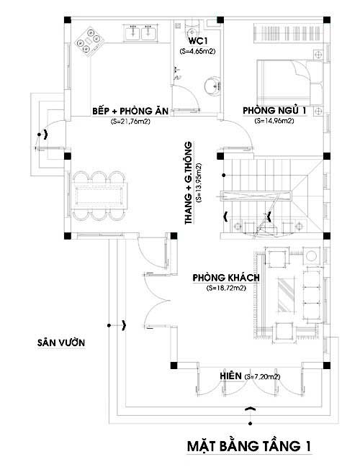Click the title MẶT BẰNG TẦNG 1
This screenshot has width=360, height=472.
(x=249, y=445)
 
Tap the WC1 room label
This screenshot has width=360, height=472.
(x=197, y=40)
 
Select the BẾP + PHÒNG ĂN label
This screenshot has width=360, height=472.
(x=130, y=111)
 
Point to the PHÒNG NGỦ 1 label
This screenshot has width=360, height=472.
(x=274, y=111)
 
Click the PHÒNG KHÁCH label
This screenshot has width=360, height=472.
(x=226, y=278)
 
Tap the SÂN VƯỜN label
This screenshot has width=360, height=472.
(x=61, y=342)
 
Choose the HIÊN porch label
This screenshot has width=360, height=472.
(x=230, y=376)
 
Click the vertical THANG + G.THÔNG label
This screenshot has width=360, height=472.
(x=189, y=183)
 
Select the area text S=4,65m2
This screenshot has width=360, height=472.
(x=197, y=51)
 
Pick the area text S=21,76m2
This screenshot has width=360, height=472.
(x=130, y=122)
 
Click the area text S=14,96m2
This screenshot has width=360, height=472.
(x=274, y=121)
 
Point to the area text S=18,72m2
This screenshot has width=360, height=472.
(x=226, y=288)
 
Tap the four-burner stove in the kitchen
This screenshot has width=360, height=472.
(x=89, y=42)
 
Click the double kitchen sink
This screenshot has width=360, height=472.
(x=141, y=32)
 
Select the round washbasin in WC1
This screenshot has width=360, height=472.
(x=212, y=86)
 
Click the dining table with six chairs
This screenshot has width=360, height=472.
(x=99, y=196)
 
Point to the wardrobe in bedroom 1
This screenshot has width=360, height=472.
(x=288, y=33)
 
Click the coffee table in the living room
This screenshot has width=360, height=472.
(x=285, y=295)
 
